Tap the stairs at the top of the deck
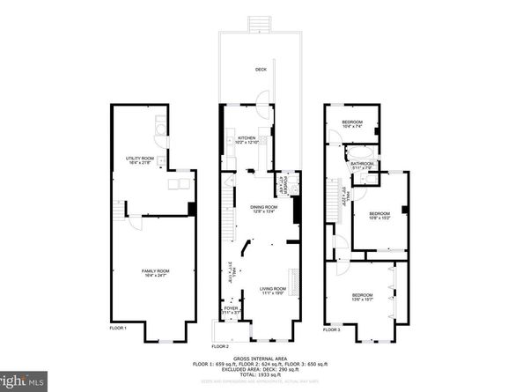tap(260, 23)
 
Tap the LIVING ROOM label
tap(272, 290)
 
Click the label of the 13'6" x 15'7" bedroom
tap(362, 296)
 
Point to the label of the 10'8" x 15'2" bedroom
tap(380, 214)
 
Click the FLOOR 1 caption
tap(119, 329)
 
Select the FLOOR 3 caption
tap(331, 329)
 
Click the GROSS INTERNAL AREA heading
tap(261, 357)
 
